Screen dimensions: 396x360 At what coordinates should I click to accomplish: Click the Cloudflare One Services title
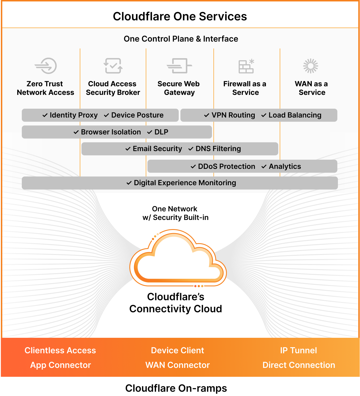[x=180, y=16]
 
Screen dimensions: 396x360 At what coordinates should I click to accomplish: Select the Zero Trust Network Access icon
[x=46, y=66]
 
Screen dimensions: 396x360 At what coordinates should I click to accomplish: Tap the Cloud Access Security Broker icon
[x=113, y=66]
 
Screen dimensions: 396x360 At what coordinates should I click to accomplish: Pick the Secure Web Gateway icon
[x=179, y=66]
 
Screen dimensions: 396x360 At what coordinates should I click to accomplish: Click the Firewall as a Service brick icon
[x=246, y=66]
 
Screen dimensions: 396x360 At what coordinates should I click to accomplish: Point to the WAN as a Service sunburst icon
[x=311, y=66]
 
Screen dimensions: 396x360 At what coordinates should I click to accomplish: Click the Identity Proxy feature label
[x=73, y=115]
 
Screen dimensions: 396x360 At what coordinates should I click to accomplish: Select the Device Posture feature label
[x=137, y=115]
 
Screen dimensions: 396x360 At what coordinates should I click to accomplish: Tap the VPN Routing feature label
[x=233, y=115]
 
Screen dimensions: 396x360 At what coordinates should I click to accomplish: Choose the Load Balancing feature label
[x=295, y=115]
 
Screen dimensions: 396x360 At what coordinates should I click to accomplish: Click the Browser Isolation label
[x=111, y=132]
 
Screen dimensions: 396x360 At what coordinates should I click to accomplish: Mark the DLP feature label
[x=161, y=132]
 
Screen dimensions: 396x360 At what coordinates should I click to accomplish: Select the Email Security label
[x=157, y=149]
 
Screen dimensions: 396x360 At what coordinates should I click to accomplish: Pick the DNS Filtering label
[x=218, y=149]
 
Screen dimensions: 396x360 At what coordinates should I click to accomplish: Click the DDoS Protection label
[x=226, y=167]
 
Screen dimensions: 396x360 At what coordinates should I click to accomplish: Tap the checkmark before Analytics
[x=264, y=167]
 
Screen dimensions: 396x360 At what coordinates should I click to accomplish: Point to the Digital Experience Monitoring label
[x=185, y=183]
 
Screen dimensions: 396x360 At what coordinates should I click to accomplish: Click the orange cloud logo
[x=178, y=258]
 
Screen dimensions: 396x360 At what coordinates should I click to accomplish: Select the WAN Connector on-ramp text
[x=178, y=365]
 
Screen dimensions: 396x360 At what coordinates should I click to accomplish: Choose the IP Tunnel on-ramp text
[x=298, y=350]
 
